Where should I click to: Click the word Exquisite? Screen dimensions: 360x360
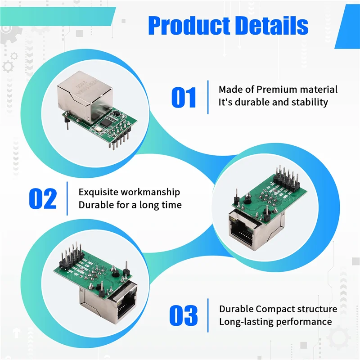[x=98, y=192]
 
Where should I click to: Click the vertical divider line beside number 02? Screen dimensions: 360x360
[x=67, y=198]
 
